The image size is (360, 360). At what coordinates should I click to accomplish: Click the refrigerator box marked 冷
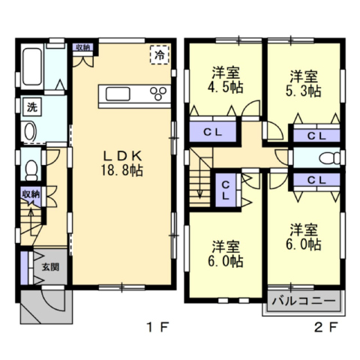[160, 55]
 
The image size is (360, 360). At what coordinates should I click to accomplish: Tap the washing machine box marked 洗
[32, 107]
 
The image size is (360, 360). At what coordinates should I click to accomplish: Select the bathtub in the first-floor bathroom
[32, 67]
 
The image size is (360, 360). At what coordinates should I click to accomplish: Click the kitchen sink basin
[118, 94]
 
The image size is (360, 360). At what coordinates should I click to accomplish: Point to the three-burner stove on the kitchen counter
[158, 94]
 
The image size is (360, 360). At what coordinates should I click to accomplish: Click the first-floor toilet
[31, 170]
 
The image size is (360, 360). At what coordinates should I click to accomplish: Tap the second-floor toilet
[330, 157]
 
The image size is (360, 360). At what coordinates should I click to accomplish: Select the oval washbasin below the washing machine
[30, 131]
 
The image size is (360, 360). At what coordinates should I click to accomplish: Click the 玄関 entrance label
[50, 267]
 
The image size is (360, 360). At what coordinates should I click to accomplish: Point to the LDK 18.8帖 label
[122, 163]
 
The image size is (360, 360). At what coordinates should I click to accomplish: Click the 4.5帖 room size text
[225, 87]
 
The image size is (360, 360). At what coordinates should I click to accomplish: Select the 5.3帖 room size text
[304, 91]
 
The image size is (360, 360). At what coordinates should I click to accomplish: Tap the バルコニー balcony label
[304, 301]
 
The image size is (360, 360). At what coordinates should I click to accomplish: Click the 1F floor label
[158, 328]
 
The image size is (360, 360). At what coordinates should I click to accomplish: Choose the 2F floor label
[326, 328]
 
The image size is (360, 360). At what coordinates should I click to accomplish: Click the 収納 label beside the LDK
[83, 47]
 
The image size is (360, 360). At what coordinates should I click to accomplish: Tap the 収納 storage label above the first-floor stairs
[31, 194]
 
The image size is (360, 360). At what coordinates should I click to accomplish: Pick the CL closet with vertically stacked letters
[226, 190]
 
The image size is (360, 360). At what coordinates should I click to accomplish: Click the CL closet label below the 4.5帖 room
[213, 132]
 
